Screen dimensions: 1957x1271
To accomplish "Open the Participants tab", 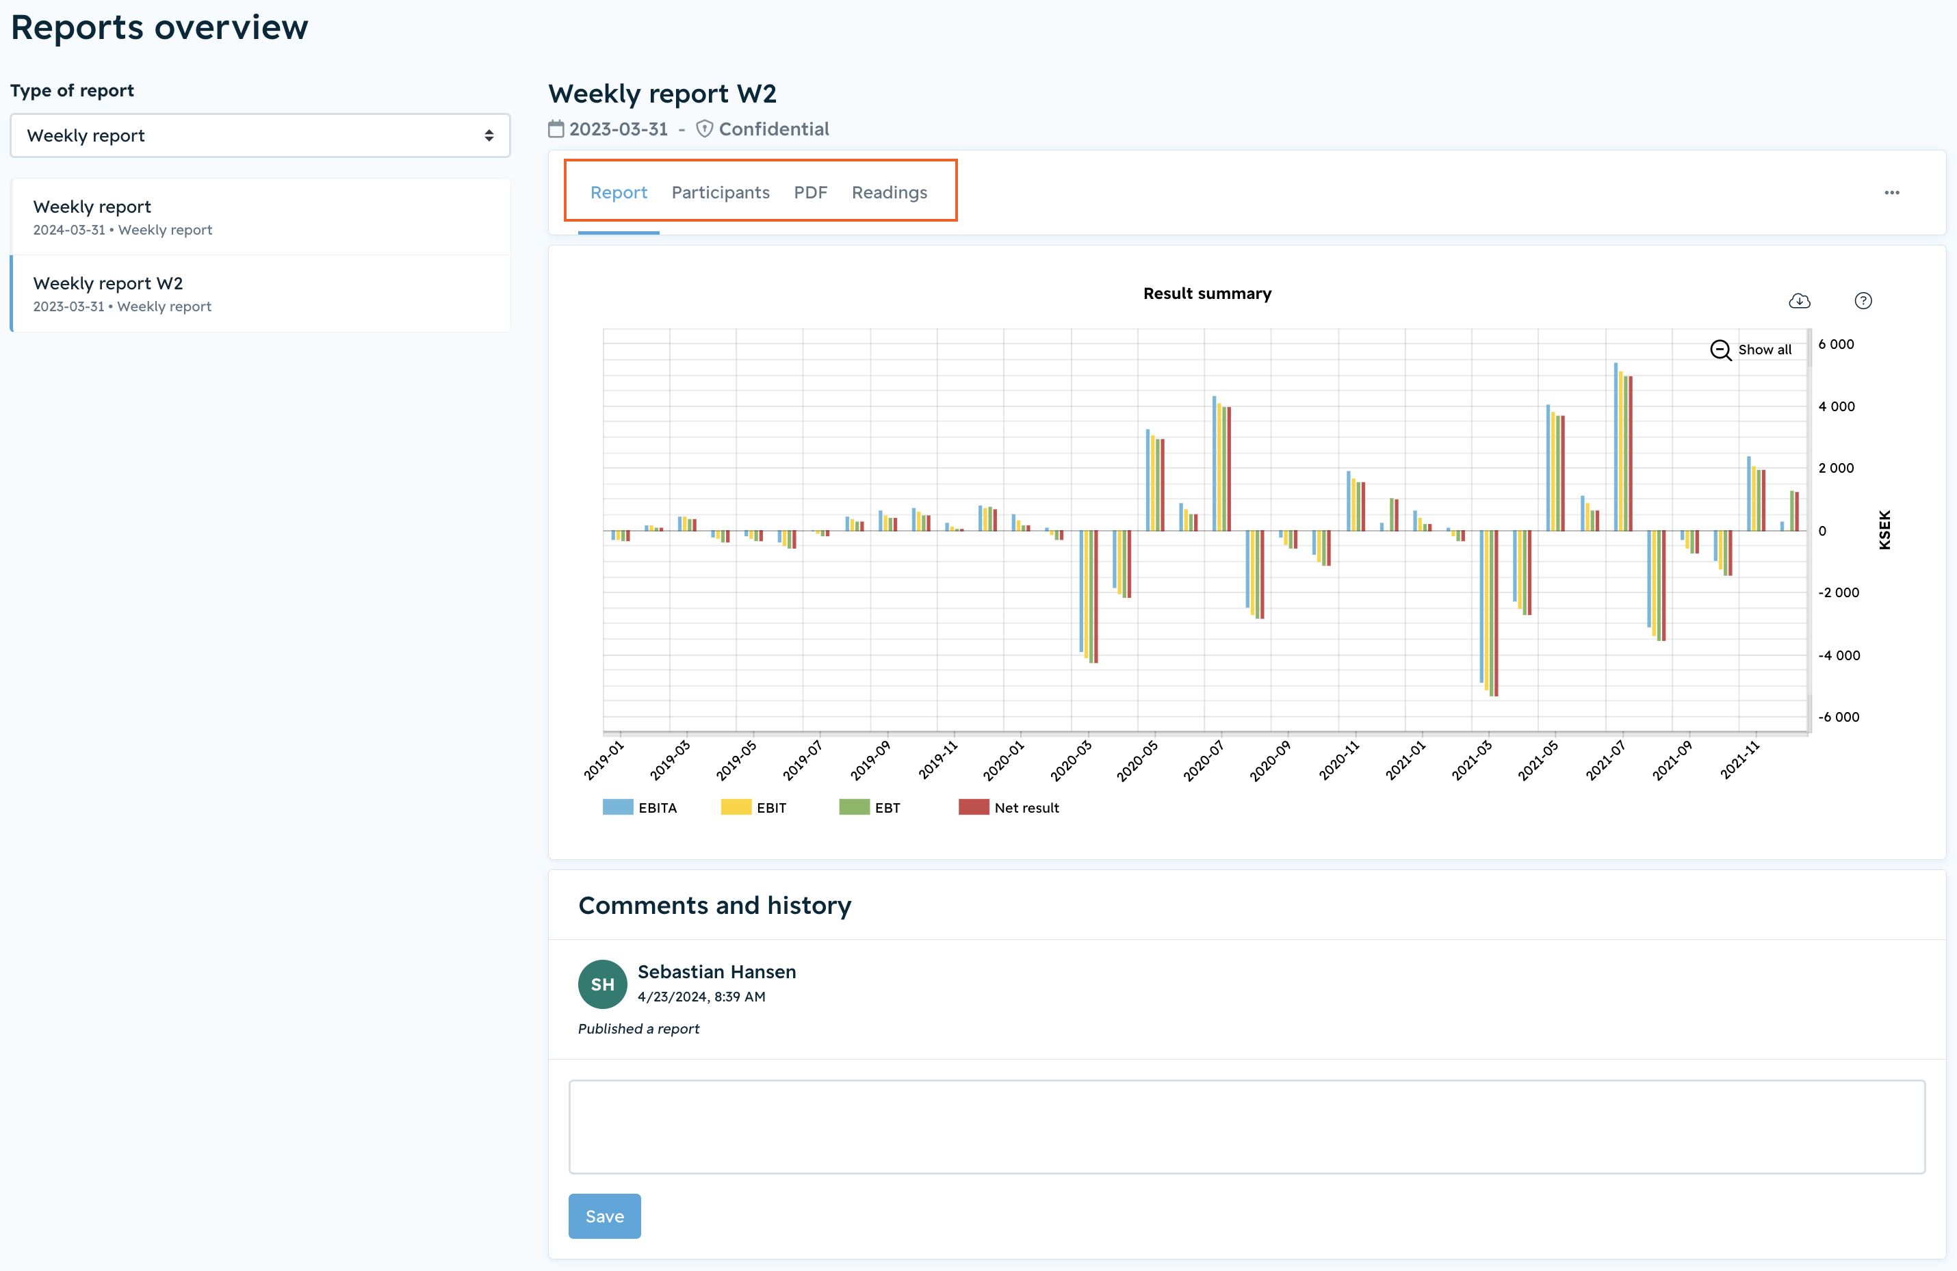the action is pyautogui.click(x=721, y=192).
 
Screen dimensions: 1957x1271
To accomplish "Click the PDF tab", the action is pyautogui.click(x=810, y=192).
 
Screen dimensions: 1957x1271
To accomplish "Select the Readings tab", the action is pyautogui.click(x=889, y=192).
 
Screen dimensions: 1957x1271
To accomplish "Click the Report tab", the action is pyautogui.click(x=619, y=192).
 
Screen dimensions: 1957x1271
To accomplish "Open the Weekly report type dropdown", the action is pyautogui.click(x=260, y=135).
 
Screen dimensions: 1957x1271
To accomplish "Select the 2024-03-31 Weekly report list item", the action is pyautogui.click(x=261, y=217).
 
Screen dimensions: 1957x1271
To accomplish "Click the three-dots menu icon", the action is pyautogui.click(x=1892, y=192).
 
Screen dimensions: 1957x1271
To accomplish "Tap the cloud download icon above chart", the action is pyautogui.click(x=1799, y=301).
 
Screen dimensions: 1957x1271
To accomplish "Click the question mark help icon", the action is pyautogui.click(x=1863, y=301).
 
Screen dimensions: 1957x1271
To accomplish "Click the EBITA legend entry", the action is pyautogui.click(x=640, y=807).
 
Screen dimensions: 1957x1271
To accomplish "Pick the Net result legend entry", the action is pyautogui.click(x=1009, y=807).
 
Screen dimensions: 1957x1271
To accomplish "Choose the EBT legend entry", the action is pyautogui.click(x=869, y=807).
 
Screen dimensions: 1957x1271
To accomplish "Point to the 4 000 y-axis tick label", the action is pyautogui.click(x=1836, y=406).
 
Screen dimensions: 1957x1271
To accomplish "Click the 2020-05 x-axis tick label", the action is pyautogui.click(x=1137, y=761).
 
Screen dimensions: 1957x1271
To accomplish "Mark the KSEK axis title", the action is pyautogui.click(x=1884, y=529).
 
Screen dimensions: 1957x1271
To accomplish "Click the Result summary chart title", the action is pyautogui.click(x=1207, y=293).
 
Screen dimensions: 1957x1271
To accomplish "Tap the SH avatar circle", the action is pyautogui.click(x=603, y=984).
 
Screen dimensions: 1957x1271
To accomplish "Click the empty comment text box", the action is pyautogui.click(x=1247, y=1126).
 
